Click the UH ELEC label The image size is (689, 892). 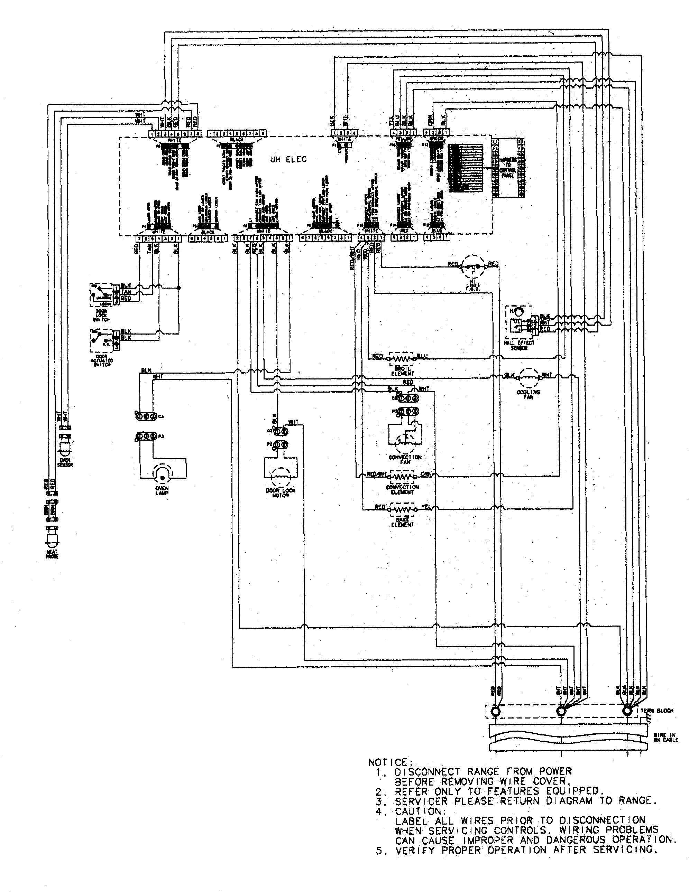coord(288,160)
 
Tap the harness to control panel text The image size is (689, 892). coord(507,168)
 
